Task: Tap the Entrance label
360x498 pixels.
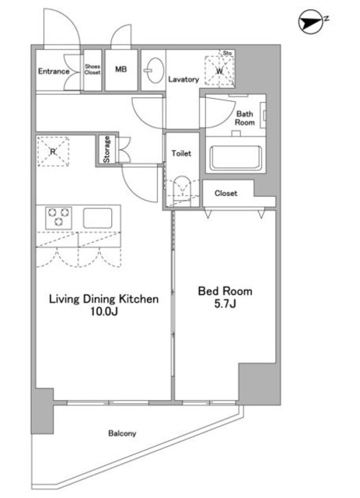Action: [54, 71]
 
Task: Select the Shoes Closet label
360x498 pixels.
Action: [93, 69]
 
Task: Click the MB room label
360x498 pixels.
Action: [121, 69]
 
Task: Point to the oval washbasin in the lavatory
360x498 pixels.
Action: [155, 70]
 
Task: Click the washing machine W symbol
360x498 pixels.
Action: [220, 71]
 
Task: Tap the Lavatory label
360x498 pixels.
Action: [183, 79]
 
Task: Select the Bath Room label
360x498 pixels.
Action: [245, 118]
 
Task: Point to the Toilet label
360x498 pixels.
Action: [181, 153]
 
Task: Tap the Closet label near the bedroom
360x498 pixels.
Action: [225, 193]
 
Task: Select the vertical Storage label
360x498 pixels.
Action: [107, 149]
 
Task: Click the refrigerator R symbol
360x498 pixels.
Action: [53, 152]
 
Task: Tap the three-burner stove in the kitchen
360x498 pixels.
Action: [58, 218]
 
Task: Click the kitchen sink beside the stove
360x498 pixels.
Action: [97, 218]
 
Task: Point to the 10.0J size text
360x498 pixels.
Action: [104, 311]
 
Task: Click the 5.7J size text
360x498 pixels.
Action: [225, 304]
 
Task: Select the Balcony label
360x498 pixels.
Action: [122, 433]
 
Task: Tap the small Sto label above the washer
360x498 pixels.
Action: [227, 53]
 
